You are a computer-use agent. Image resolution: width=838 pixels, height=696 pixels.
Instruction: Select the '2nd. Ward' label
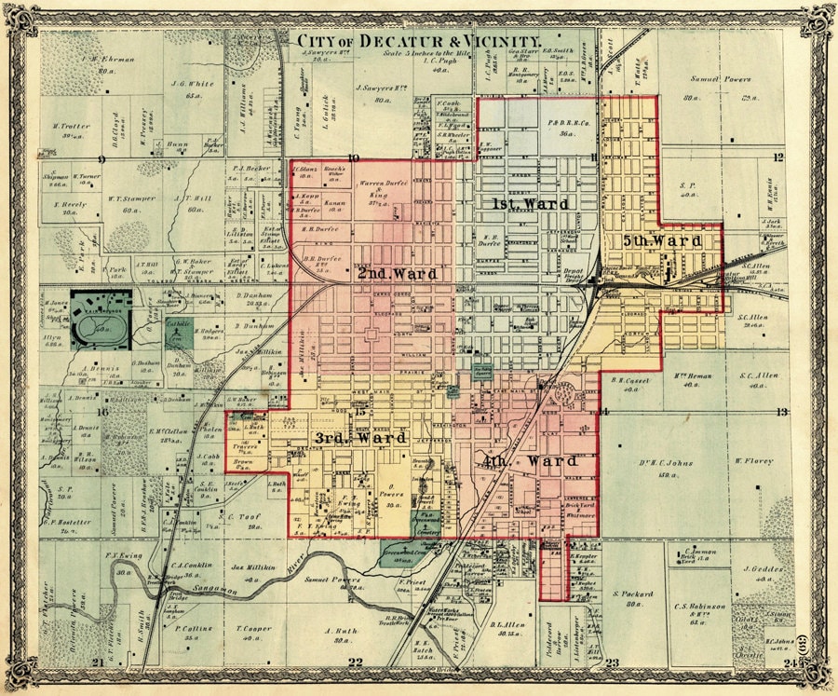click(x=397, y=274)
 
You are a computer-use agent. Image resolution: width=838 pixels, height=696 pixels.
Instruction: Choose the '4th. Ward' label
click(x=532, y=461)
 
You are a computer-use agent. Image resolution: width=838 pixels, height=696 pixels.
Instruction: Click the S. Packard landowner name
click(x=634, y=594)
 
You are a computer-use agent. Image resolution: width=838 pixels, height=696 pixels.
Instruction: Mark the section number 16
click(x=103, y=411)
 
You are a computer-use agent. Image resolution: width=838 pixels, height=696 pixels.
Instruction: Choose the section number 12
click(x=777, y=157)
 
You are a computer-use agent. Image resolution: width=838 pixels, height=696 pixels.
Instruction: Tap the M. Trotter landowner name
click(x=71, y=126)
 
